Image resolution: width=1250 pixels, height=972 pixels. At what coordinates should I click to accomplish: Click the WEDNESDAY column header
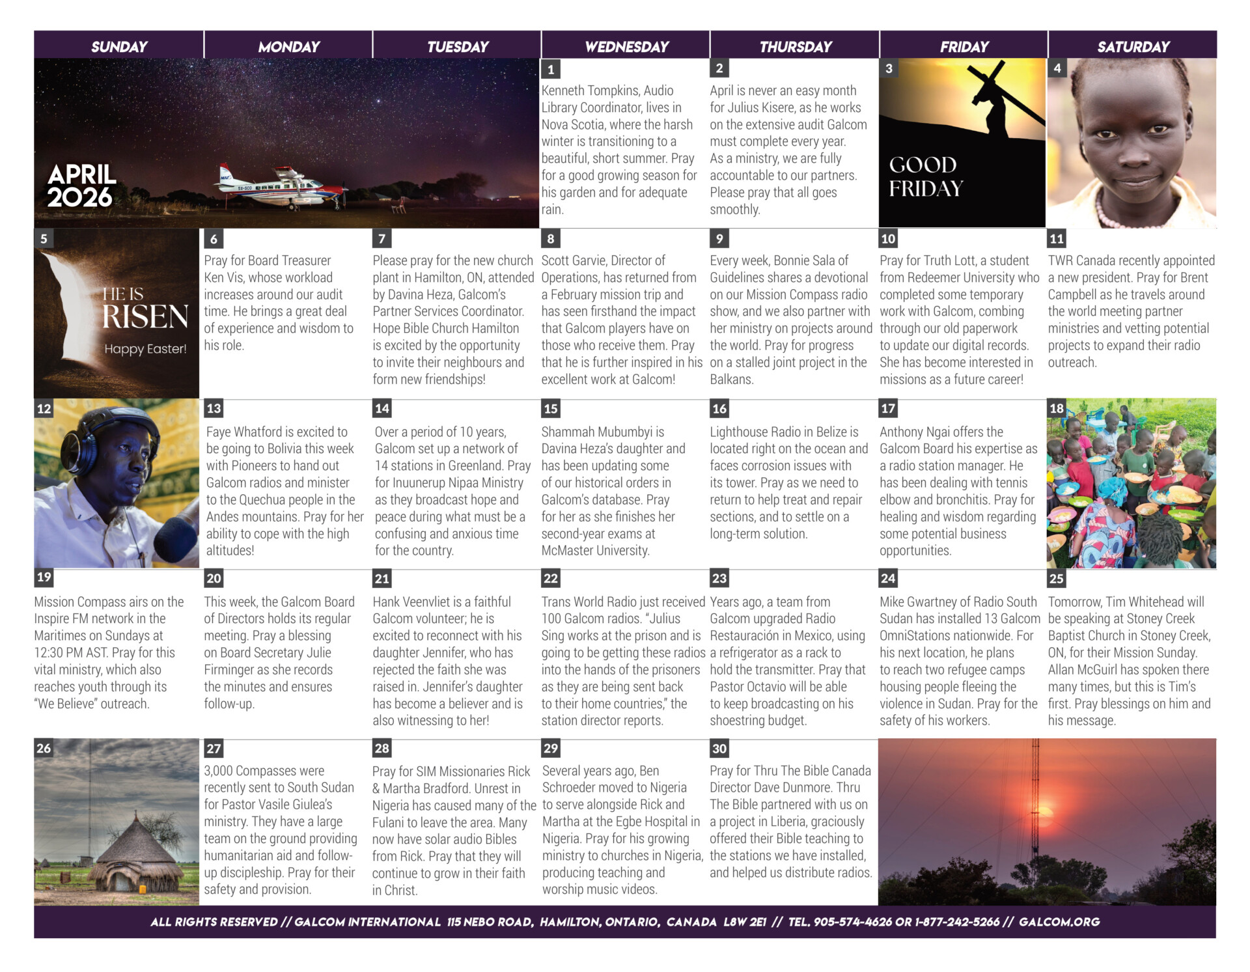(x=626, y=46)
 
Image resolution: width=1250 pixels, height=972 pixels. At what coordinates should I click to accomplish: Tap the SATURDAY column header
(x=1133, y=46)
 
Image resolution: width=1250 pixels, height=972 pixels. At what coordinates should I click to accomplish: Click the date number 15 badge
(x=551, y=409)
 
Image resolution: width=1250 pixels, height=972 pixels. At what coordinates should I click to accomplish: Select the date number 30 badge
(x=719, y=749)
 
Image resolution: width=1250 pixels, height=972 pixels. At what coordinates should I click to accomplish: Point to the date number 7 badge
(x=382, y=239)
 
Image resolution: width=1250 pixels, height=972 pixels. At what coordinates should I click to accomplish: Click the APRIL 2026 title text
(x=81, y=186)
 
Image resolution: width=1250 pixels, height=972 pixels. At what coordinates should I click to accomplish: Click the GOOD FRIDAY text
(x=925, y=176)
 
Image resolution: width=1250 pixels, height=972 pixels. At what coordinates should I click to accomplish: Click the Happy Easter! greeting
(x=145, y=349)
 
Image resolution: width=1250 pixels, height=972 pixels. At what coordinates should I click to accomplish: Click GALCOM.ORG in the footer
(x=1059, y=922)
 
